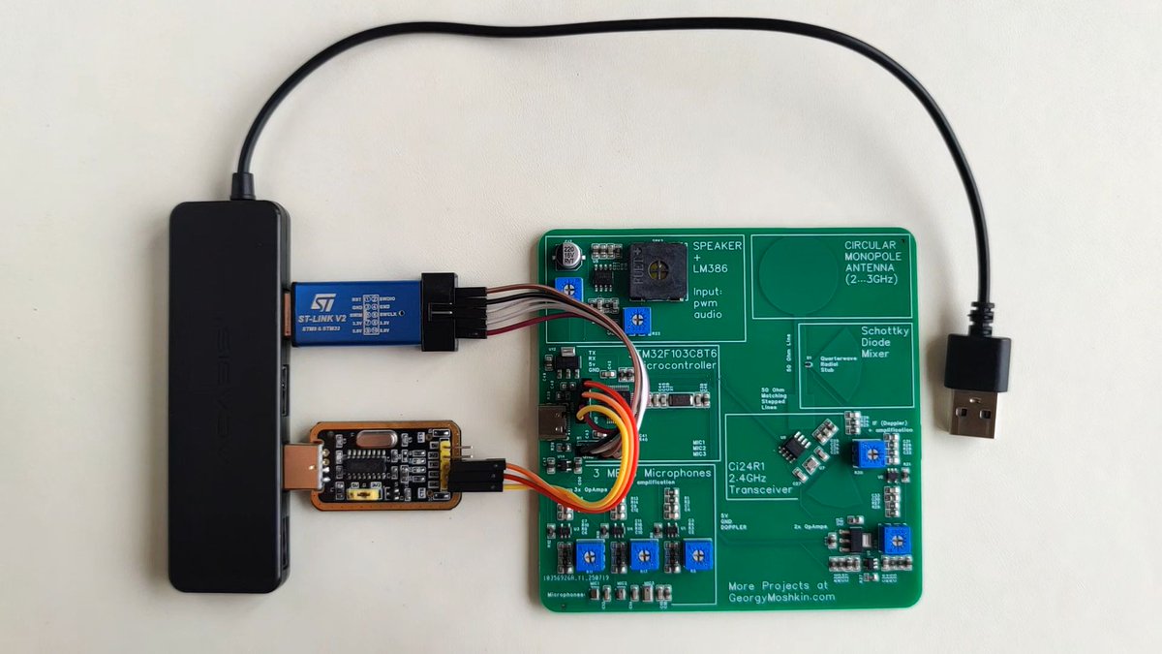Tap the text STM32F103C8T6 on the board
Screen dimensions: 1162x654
point(678,355)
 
